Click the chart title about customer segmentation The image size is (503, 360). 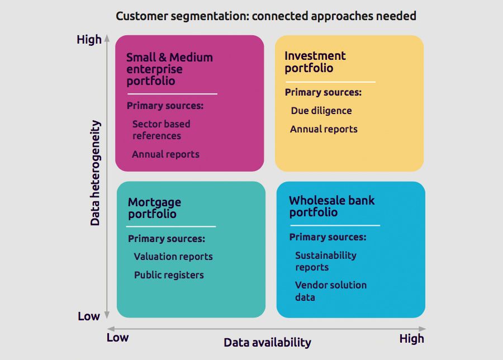[265, 16]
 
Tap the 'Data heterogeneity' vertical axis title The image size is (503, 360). [95, 173]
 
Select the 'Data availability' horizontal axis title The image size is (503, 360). [267, 342]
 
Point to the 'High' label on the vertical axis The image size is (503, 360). [89, 40]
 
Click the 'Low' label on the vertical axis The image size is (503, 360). [88, 316]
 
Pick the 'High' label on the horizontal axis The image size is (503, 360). [411, 338]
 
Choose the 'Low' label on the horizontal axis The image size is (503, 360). [117, 337]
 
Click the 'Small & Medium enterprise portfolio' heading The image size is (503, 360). [169, 69]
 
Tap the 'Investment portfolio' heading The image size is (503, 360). [315, 62]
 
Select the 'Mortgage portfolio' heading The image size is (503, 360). [154, 208]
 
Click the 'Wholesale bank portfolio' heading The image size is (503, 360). [331, 206]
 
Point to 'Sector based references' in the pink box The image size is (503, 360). [161, 130]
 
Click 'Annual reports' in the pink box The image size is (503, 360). [165, 154]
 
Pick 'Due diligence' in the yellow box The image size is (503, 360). [321, 111]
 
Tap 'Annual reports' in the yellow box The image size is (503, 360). [324, 129]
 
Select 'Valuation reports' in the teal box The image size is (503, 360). [173, 257]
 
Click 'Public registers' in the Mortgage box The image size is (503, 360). [169, 275]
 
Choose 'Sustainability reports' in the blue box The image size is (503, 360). [325, 261]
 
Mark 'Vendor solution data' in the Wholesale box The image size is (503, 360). [330, 291]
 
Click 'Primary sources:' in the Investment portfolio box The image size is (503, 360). [323, 92]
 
